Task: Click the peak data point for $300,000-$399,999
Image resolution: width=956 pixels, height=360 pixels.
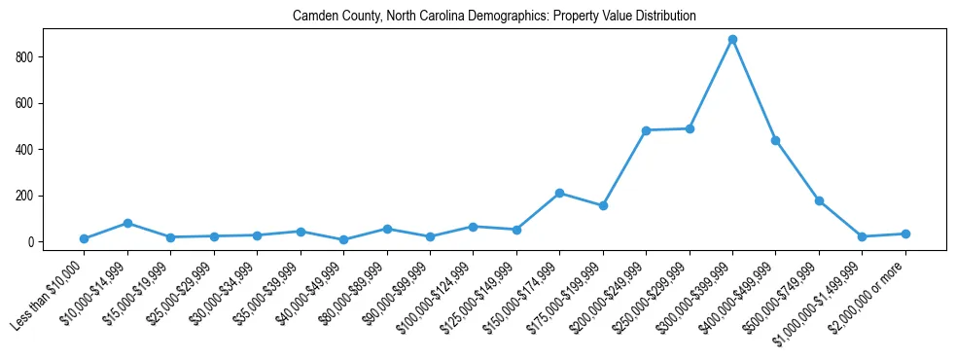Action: point(732,39)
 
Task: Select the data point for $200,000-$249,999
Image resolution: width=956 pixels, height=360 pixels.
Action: point(646,130)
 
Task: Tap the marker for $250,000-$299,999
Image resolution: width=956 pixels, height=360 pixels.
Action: point(690,128)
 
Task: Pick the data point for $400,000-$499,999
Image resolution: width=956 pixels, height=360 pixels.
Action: point(775,140)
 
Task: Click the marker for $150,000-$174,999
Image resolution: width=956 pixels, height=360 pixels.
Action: point(559,193)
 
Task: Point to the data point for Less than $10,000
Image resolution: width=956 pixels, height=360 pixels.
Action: point(85,238)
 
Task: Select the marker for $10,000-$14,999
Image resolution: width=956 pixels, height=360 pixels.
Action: point(127,223)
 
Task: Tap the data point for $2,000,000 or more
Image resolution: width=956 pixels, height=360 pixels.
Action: point(904,234)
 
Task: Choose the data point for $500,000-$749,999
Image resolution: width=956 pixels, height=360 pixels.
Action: point(819,200)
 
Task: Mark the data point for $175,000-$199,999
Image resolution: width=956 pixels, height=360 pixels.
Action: point(603,205)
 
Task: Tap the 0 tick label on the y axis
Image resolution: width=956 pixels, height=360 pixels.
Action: point(31,242)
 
